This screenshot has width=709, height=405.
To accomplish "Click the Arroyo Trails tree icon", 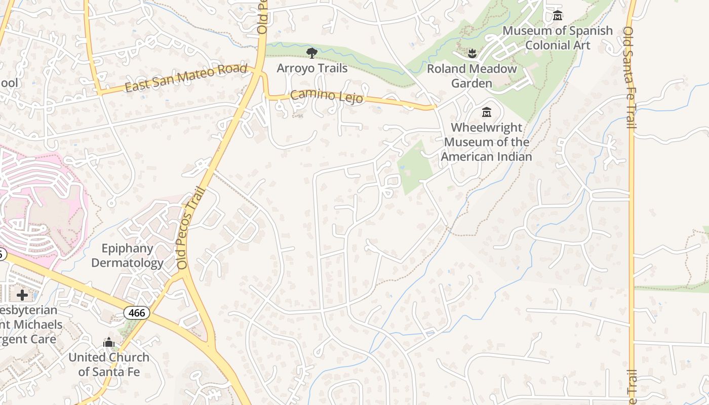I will [x=312, y=53].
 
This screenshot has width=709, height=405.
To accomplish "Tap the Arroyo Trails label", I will [x=312, y=68].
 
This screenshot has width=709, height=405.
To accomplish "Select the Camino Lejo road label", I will [x=327, y=95].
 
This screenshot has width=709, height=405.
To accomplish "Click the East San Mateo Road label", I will [x=186, y=79].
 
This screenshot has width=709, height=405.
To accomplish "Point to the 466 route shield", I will [x=137, y=313].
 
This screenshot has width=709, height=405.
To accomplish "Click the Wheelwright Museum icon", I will [x=487, y=112].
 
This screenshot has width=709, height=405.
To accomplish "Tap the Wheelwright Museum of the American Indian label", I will [x=486, y=142].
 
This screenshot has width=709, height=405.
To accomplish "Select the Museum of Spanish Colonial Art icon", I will [x=558, y=15].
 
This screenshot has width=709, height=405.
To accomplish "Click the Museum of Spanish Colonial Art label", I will [x=557, y=38].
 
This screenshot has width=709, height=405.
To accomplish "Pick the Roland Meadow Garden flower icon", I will [x=471, y=53].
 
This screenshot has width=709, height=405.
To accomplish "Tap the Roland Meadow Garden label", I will [x=471, y=76].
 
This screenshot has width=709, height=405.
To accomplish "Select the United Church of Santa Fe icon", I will [x=109, y=343].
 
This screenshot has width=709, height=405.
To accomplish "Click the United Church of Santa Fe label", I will [x=109, y=364].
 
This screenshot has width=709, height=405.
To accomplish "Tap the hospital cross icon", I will [x=22, y=295].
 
